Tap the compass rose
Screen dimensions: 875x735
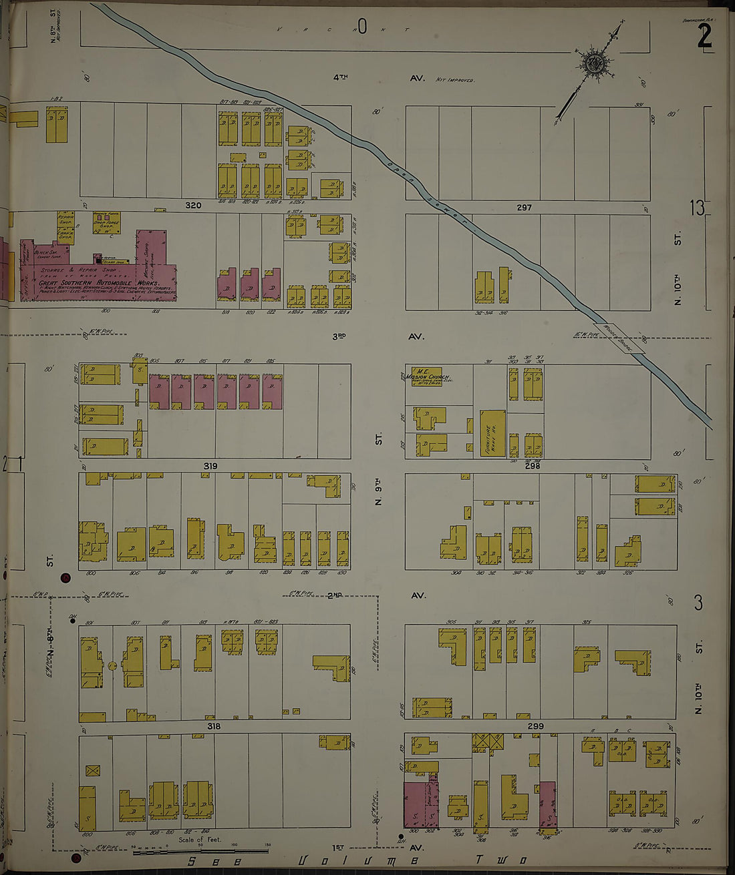(x=592, y=64)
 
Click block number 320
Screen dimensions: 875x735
(x=193, y=206)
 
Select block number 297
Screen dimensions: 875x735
(x=524, y=208)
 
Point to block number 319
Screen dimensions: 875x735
(x=210, y=466)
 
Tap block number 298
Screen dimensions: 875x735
(x=533, y=466)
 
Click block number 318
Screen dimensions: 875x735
(x=213, y=726)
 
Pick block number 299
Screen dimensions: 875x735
(x=535, y=726)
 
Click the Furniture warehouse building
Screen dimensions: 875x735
(x=492, y=433)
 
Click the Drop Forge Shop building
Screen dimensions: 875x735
(x=106, y=224)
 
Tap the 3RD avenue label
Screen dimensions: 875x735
(x=339, y=337)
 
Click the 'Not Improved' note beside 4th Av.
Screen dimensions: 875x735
(x=455, y=79)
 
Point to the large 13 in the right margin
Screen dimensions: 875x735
(x=697, y=208)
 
